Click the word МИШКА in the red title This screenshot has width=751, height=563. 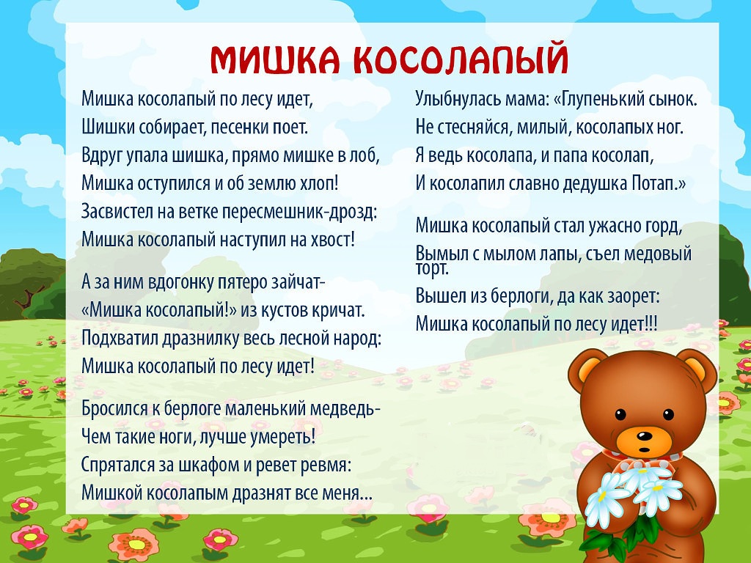tap(275, 60)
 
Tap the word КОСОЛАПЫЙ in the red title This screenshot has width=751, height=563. tap(461, 59)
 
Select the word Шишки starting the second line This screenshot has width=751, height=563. tap(108, 127)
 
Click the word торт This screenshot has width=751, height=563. tap(432, 268)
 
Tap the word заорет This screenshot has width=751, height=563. tap(633, 296)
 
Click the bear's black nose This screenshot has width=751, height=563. tap(644, 436)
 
